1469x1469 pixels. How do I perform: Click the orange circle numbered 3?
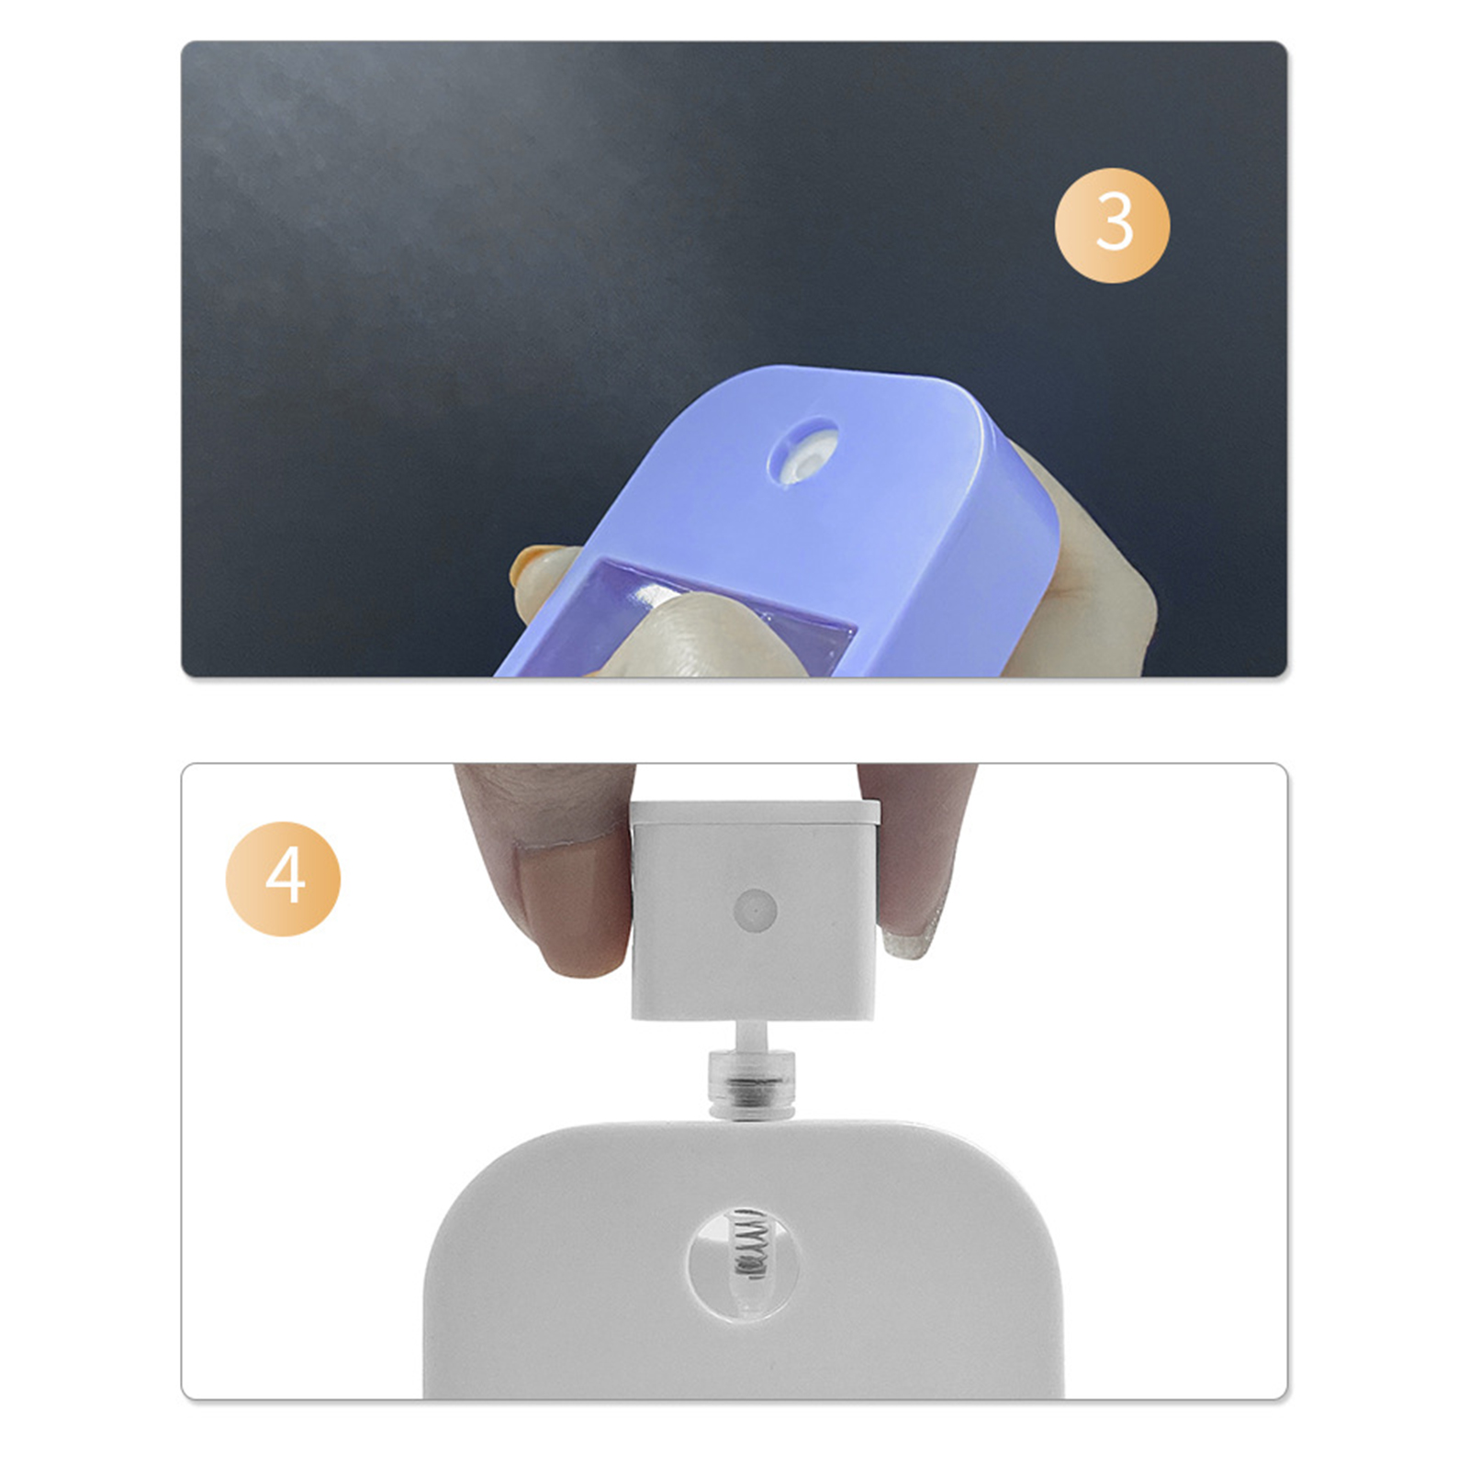click(1112, 225)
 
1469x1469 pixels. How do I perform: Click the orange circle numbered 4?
click(283, 878)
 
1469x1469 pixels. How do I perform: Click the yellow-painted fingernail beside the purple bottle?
click(531, 564)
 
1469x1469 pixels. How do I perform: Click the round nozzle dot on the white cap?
click(756, 911)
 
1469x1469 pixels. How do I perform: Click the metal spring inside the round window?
click(750, 1244)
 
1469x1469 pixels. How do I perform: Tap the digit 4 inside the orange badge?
click(285, 878)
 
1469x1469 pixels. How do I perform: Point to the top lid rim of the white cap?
click(755, 811)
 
